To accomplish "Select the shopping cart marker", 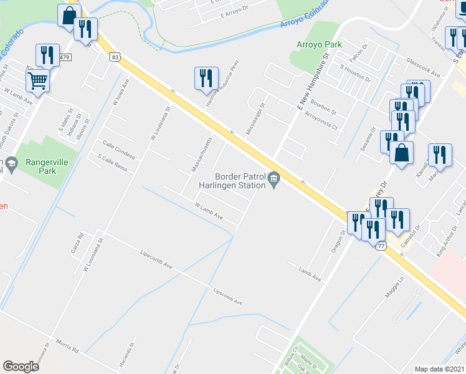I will click(x=37, y=80).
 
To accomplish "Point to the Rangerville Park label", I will click(x=40, y=166).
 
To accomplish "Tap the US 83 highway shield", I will click(x=115, y=57).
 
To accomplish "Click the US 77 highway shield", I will click(x=381, y=246).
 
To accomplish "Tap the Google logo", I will click(x=21, y=366).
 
